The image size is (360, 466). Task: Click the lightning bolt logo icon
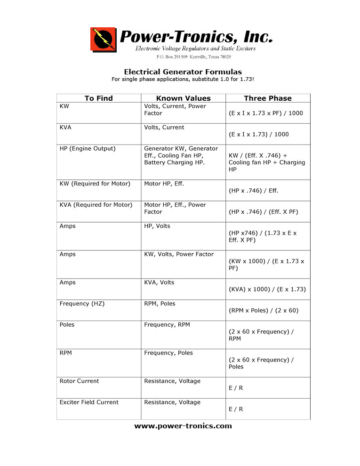(103, 39)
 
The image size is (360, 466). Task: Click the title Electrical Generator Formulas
(183, 72)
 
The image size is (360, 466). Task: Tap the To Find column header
(98, 98)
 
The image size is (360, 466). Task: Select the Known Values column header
(183, 98)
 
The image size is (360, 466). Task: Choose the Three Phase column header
(267, 98)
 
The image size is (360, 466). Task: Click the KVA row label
(66, 128)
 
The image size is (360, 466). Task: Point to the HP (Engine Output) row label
(87, 149)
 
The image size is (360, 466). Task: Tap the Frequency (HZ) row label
(82, 304)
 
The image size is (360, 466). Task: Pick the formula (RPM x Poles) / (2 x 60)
(264, 311)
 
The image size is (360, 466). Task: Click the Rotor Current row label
(79, 381)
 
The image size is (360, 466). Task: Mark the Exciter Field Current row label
(89, 402)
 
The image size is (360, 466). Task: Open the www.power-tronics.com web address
(183, 426)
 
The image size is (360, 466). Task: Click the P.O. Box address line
(193, 57)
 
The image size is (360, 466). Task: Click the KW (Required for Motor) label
(95, 184)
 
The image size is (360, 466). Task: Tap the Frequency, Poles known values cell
(168, 353)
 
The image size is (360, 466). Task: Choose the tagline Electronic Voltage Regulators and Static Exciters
(195, 49)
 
